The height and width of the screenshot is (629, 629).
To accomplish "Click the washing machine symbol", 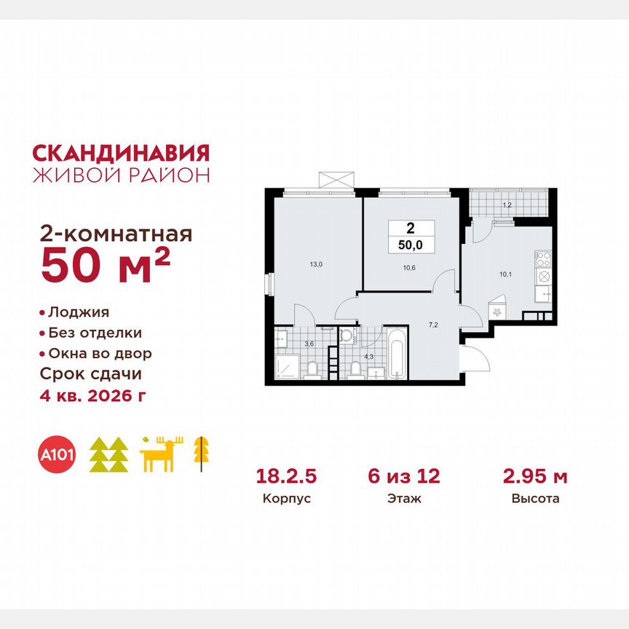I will [x=347, y=336].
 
